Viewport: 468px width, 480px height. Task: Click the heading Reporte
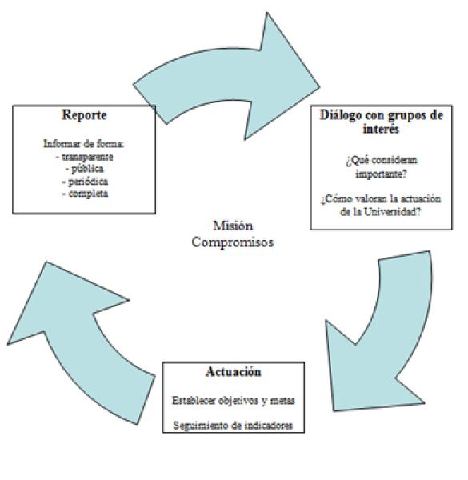[84, 115]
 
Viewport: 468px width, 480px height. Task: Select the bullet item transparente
[85, 157]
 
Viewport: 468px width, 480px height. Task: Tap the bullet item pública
[85, 169]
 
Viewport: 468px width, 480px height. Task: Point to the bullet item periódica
[85, 182]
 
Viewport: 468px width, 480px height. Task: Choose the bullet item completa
[85, 194]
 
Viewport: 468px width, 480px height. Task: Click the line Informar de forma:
[84, 143]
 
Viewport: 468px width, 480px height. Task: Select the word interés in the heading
[381, 129]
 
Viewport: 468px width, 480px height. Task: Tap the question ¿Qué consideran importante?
[382, 167]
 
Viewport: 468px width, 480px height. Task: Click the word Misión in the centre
[233, 226]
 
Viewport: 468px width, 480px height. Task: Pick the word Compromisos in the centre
[233, 242]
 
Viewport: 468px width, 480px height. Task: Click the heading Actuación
[234, 372]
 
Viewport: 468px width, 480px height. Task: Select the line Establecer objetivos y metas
[234, 401]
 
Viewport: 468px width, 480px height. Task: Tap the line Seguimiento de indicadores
[233, 426]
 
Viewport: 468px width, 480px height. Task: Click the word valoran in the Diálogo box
[370, 199]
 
